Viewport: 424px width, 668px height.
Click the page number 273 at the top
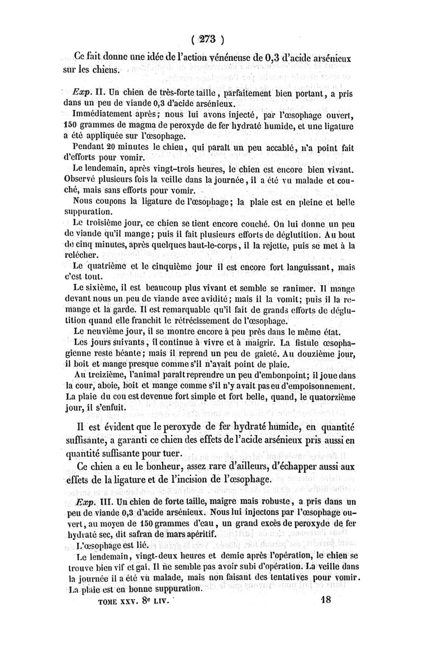[211, 39]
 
